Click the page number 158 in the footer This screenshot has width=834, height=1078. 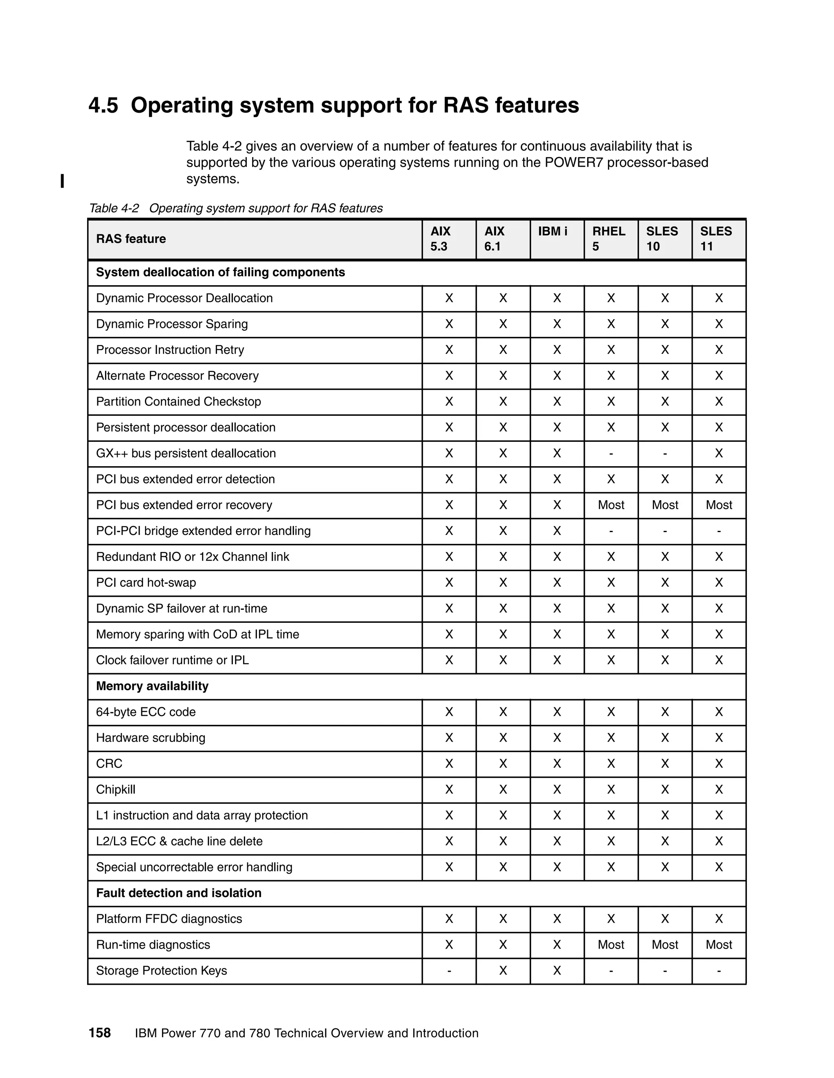pyautogui.click(x=99, y=1032)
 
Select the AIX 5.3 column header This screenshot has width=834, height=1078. pyautogui.click(x=440, y=239)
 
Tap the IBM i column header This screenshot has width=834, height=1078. pyautogui.click(x=552, y=231)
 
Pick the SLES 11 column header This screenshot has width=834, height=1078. pyautogui.click(x=715, y=239)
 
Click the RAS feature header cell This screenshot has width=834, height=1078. pyautogui.click(x=131, y=239)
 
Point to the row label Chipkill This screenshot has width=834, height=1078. pyautogui.click(x=116, y=789)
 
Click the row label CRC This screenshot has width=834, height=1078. pyautogui.click(x=109, y=764)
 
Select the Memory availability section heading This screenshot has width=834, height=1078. pyautogui.click(x=152, y=686)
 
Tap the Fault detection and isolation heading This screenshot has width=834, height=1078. pyautogui.click(x=178, y=893)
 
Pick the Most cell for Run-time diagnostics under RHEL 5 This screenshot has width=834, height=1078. pyautogui.click(x=611, y=945)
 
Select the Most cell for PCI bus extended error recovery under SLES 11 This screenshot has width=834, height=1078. pyautogui.click(x=718, y=505)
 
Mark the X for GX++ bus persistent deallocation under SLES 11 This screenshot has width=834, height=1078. pyautogui.click(x=718, y=453)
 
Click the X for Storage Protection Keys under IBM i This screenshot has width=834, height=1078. pyautogui.click(x=557, y=970)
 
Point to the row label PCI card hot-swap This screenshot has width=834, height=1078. pyautogui.click(x=146, y=583)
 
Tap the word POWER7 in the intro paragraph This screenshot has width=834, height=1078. pyautogui.click(x=574, y=162)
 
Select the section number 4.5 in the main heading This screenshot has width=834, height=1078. pyautogui.click(x=103, y=105)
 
